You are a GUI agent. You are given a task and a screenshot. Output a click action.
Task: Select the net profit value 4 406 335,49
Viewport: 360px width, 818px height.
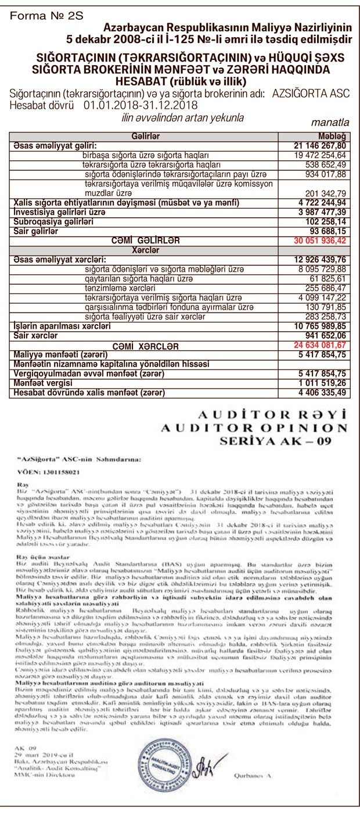point(321,393)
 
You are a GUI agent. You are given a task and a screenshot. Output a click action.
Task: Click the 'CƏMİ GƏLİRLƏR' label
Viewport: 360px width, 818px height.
point(146,240)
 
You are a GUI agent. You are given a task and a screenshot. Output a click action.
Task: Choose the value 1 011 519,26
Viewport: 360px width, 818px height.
point(321,385)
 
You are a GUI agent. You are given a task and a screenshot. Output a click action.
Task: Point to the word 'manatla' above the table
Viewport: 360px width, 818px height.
point(330,123)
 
